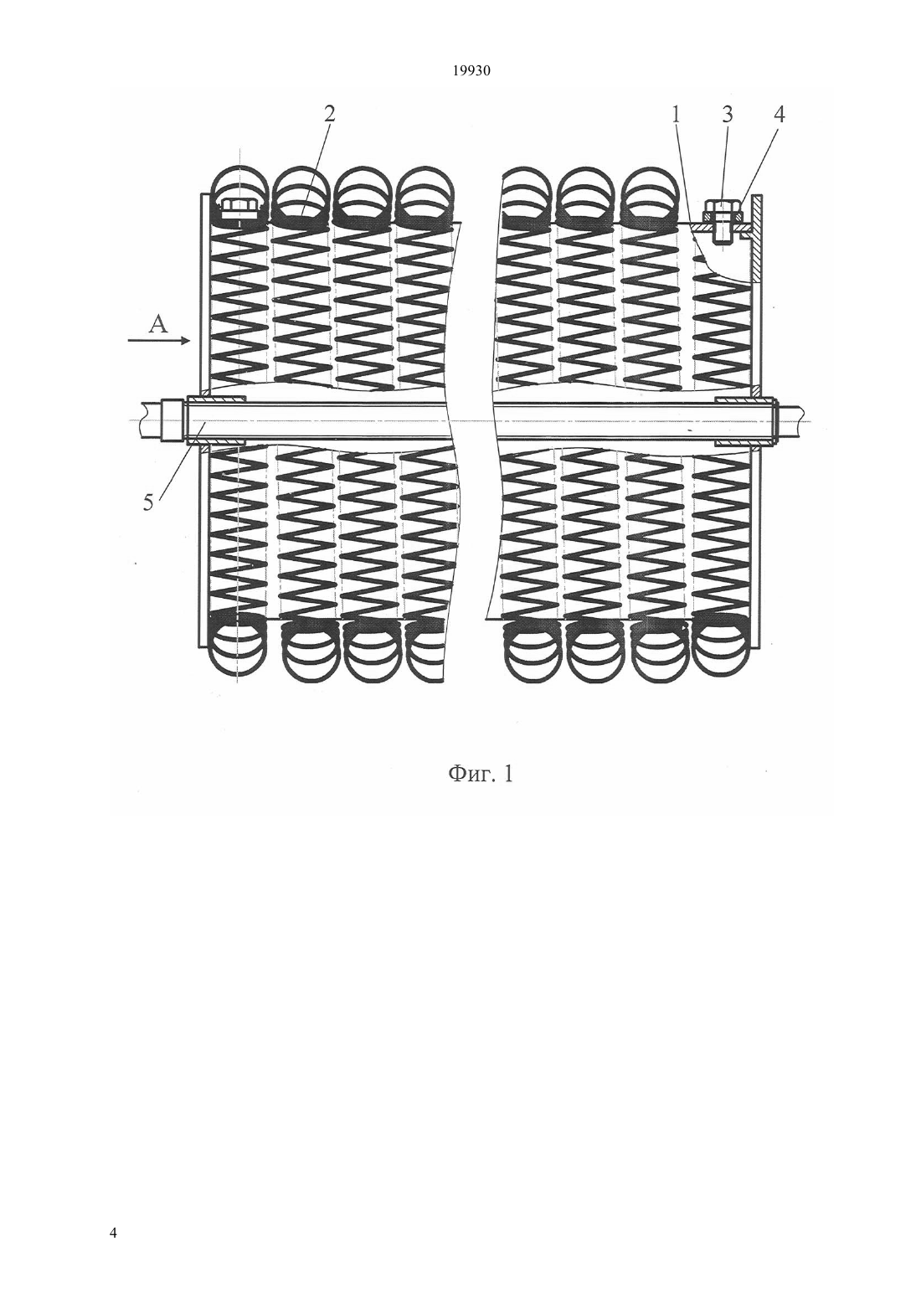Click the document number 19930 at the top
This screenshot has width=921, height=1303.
(471, 71)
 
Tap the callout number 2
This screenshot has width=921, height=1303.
(330, 114)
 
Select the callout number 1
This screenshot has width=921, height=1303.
(676, 115)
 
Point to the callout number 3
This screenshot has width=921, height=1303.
(728, 115)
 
